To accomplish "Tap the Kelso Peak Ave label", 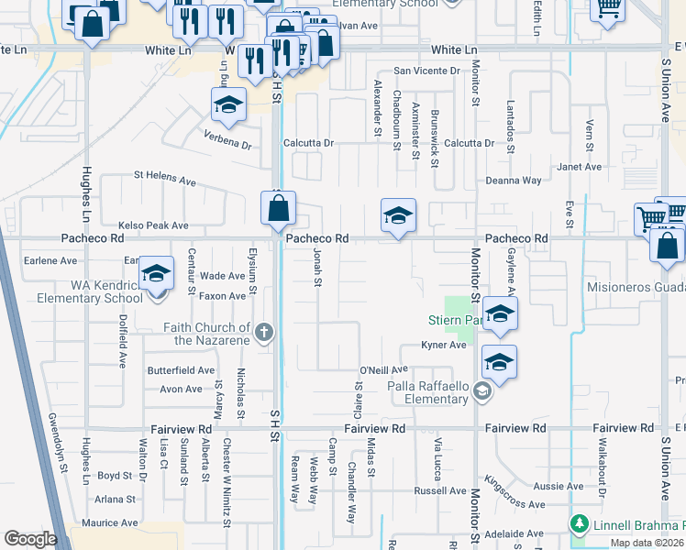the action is click(153, 225).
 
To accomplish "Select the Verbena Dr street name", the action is click(227, 145).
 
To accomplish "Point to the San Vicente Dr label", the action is click(426, 71).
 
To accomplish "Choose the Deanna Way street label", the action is click(514, 181).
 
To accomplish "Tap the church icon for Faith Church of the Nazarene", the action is click(264, 333).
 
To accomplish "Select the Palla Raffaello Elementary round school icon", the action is click(482, 392).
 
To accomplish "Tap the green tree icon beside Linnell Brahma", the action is click(578, 524).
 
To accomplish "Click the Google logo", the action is click(30, 539).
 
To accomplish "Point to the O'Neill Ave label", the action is click(383, 369).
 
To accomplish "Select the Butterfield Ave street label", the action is click(181, 370).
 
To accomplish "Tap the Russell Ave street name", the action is click(440, 490).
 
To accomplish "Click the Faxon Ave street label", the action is click(224, 296).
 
